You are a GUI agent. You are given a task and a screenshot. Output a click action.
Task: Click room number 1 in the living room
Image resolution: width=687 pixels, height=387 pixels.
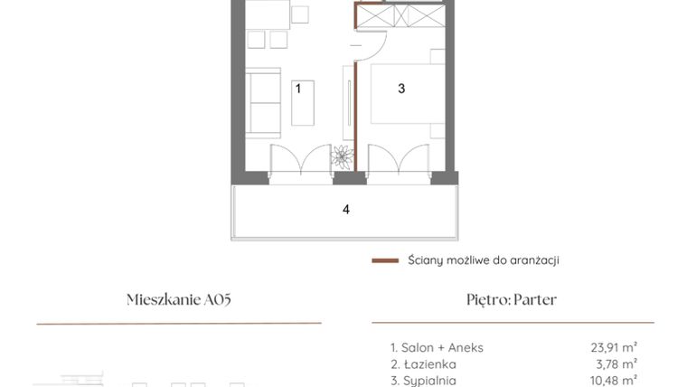tap(297, 88)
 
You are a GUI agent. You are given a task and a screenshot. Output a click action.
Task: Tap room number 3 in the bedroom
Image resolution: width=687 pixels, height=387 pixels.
tap(401, 89)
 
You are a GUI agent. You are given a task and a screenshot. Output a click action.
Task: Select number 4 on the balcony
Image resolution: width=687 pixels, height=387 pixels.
tap(345, 210)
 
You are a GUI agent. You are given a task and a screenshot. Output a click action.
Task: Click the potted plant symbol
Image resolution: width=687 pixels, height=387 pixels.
tap(343, 156)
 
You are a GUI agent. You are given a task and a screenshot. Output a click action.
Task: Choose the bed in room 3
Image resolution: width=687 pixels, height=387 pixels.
tap(407, 93)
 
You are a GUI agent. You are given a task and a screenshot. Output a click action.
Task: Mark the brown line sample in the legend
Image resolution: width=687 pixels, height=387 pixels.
tap(385, 260)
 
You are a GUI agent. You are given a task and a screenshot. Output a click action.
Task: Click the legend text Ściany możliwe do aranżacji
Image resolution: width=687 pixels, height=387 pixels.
tap(483, 260)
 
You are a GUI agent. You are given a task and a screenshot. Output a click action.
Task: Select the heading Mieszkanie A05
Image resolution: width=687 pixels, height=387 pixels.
tap(184, 300)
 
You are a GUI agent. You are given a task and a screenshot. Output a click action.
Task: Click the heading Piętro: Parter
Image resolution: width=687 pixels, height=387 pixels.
tap(512, 300)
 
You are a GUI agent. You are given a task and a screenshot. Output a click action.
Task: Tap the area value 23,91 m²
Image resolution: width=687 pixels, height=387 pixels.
tap(613, 346)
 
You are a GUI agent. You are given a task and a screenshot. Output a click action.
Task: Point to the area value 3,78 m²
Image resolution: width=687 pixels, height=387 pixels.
tap(616, 363)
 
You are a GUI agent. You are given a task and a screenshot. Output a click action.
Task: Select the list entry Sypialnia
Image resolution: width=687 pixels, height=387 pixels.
tap(423, 381)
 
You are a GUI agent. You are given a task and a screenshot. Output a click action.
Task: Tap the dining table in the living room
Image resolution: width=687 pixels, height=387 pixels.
tap(268, 14)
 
